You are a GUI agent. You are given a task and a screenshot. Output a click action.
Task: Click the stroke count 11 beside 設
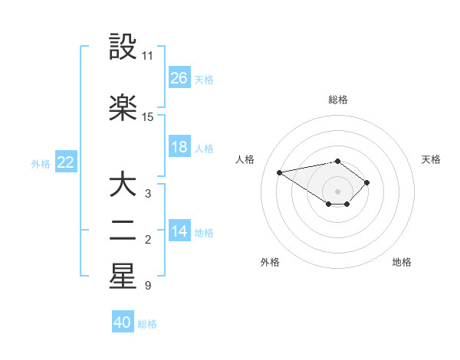tap(148, 56)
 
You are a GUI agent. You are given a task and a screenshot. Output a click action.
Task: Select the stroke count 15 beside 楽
tap(148, 117)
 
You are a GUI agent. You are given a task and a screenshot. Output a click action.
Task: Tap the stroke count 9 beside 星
tap(147, 286)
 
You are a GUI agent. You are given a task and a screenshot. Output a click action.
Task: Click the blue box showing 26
tap(179, 77)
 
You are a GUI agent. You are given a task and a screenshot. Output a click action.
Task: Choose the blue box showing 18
tap(179, 147)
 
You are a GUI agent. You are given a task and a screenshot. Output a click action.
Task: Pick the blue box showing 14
tap(179, 231)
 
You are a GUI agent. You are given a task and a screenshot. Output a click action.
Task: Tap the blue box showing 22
tap(66, 162)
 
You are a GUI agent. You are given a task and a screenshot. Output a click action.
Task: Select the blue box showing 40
tap(123, 322)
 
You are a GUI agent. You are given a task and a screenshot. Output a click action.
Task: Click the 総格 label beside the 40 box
tap(148, 324)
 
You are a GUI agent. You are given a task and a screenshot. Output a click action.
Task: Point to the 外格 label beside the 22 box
tap(41, 163)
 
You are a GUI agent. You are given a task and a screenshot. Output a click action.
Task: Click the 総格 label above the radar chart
tap(338, 100)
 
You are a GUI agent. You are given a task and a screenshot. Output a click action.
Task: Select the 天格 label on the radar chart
tap(432, 159)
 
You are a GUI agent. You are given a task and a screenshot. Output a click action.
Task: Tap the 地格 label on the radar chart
tap(402, 262)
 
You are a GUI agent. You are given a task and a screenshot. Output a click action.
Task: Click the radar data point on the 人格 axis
tap(280, 172)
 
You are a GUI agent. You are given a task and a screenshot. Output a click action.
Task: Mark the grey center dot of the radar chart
tap(337, 191)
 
